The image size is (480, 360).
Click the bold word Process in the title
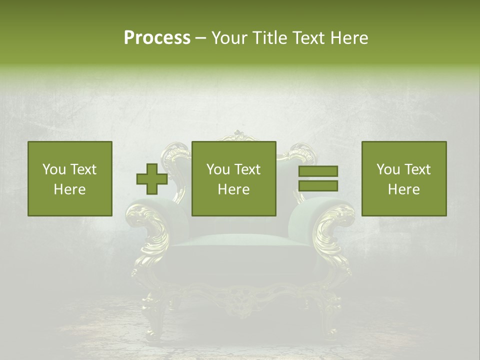157,37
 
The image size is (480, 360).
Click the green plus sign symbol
152,179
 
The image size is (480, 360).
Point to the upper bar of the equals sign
318,171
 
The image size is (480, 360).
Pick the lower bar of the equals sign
318,186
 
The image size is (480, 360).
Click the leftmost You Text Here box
70,178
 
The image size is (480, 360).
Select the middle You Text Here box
233,178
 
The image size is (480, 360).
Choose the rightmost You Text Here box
403,178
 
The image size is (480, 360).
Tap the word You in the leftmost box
53,169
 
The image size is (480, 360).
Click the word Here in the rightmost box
403,189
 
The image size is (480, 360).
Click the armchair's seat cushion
240,240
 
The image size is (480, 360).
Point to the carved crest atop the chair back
239,136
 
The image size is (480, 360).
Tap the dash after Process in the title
201,38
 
